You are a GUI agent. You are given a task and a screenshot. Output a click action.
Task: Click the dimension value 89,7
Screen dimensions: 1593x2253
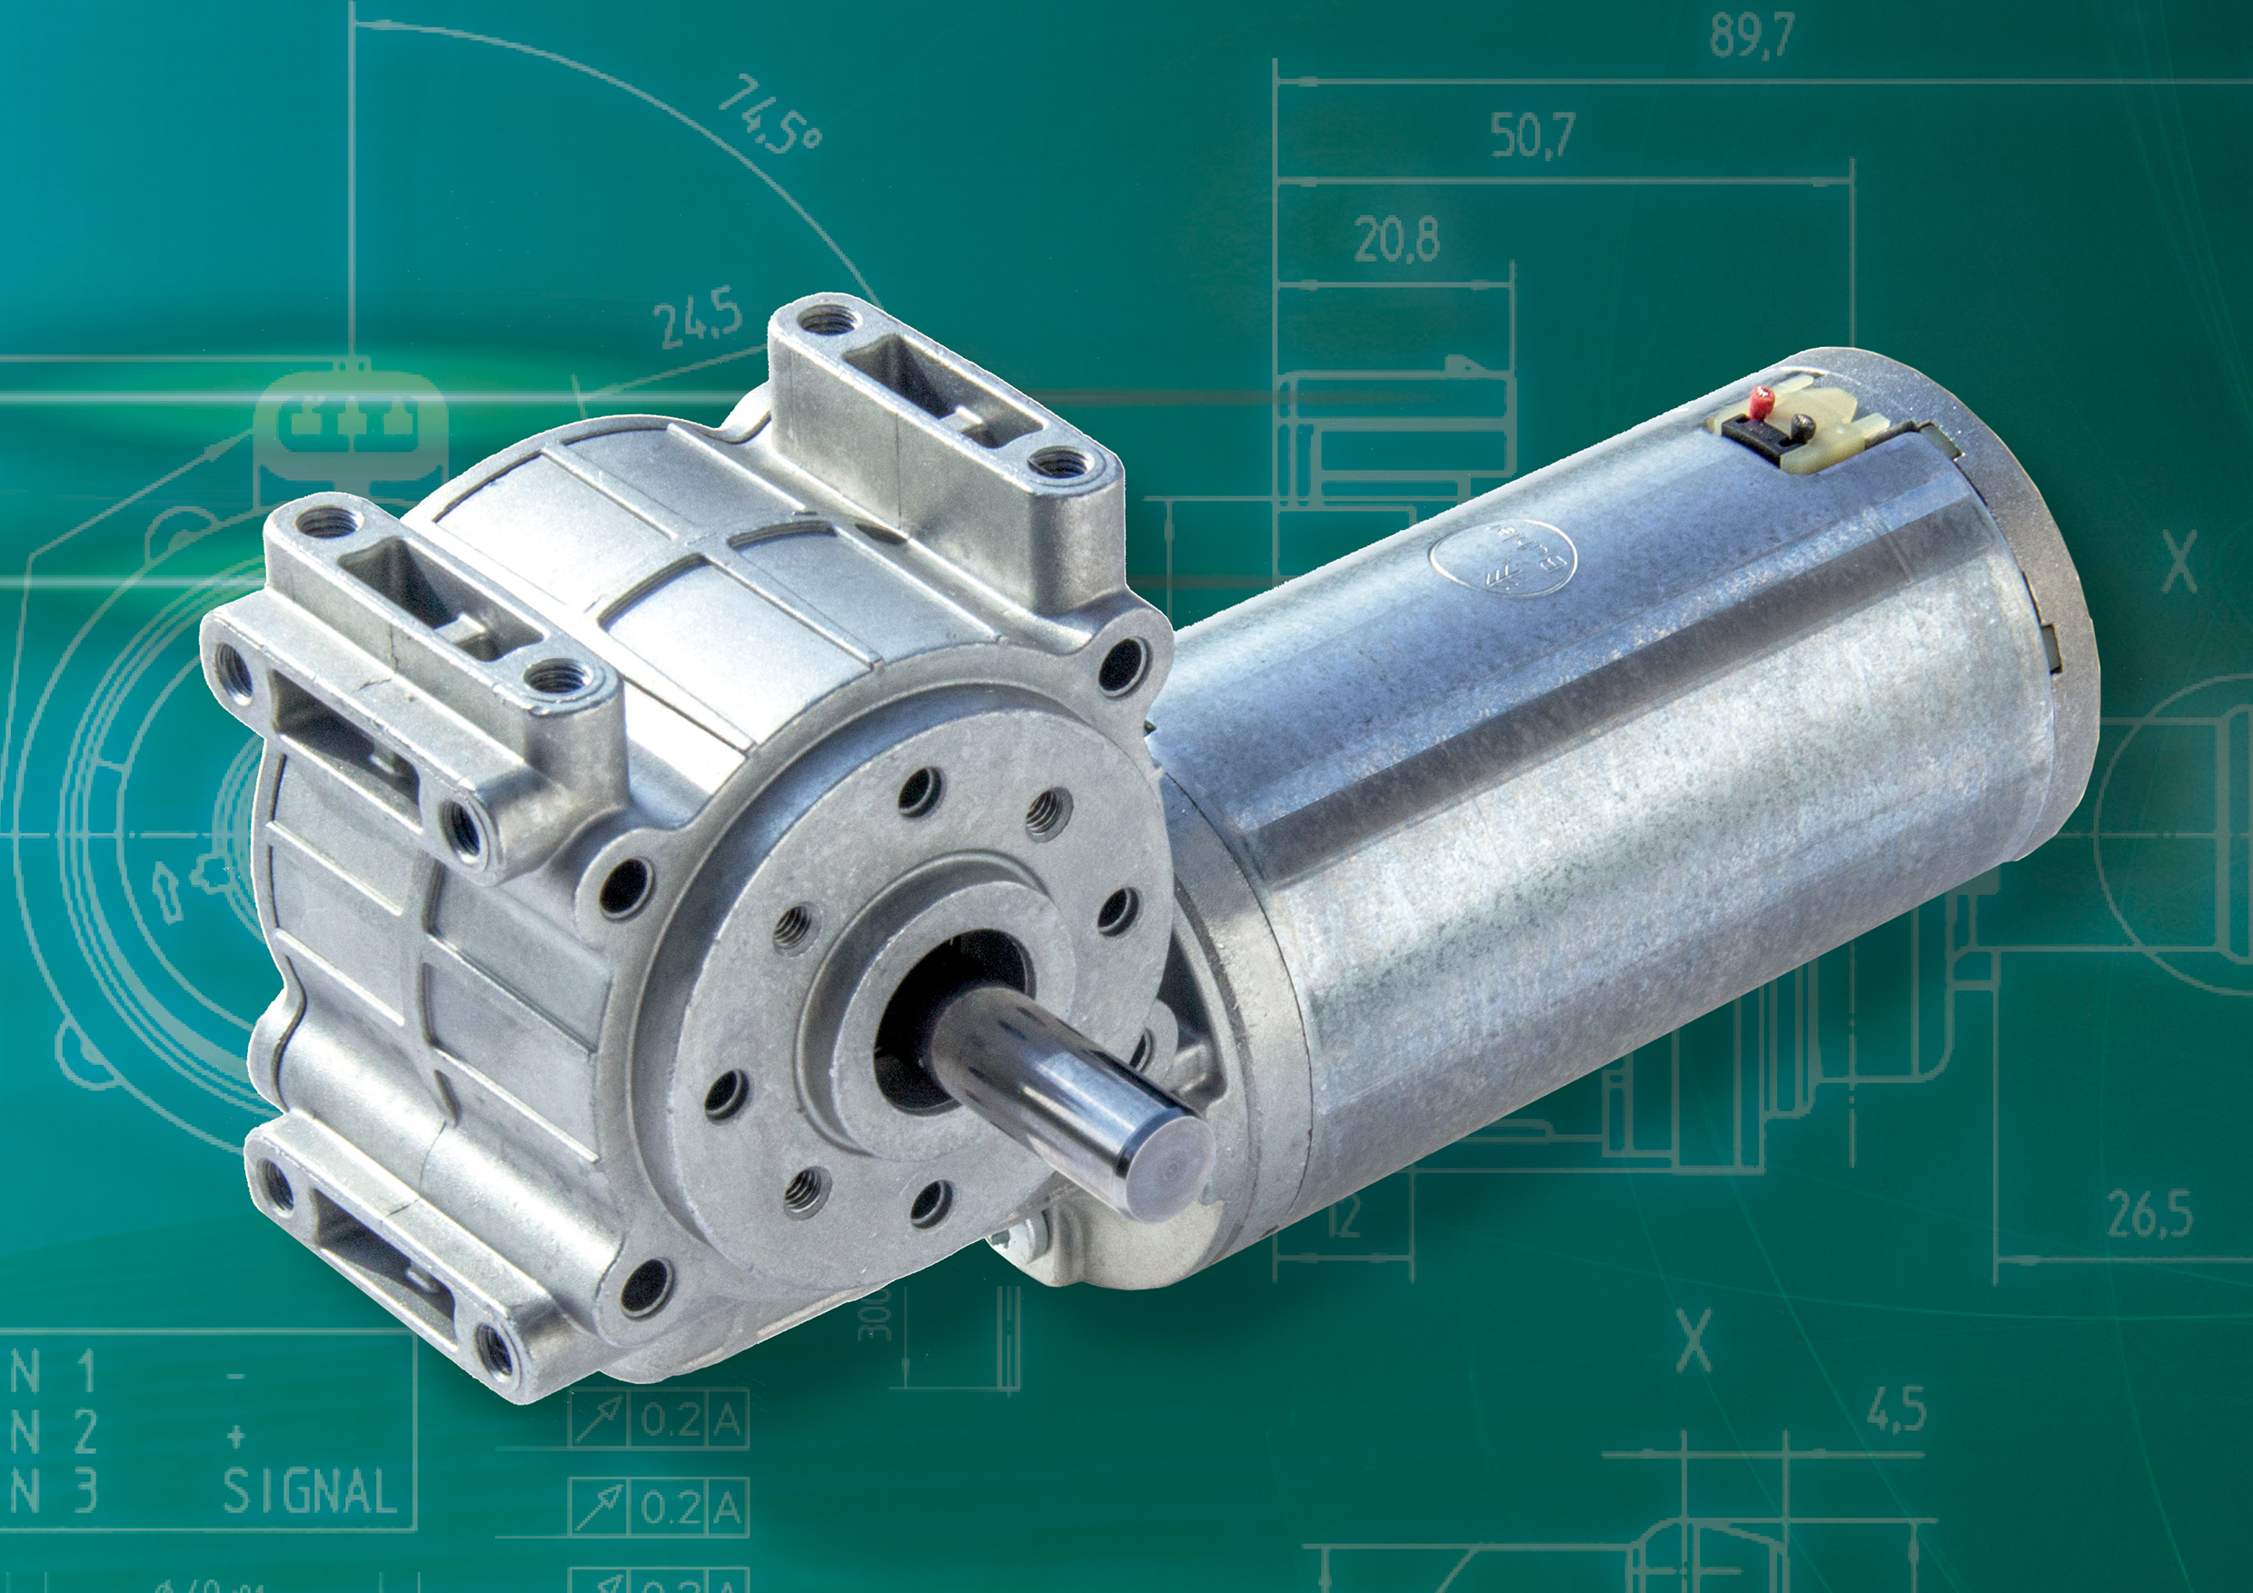1752,35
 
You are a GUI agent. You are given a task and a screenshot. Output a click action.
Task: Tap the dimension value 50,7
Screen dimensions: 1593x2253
1533,135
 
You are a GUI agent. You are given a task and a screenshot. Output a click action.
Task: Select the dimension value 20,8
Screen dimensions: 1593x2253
1396,241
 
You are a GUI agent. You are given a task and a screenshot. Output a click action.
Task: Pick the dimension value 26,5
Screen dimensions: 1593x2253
2149,1217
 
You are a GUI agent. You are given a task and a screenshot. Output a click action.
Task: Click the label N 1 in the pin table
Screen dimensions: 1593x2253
54,1374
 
